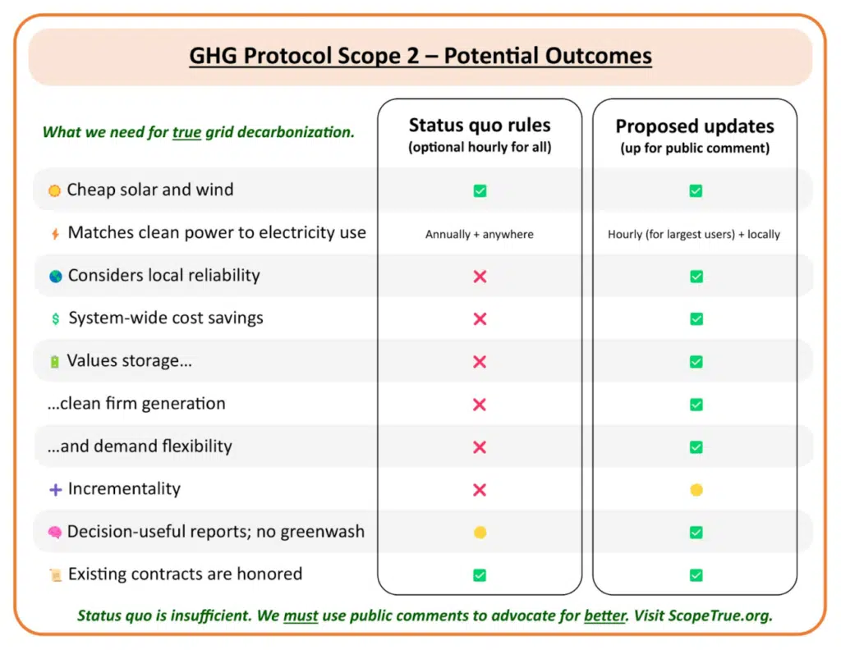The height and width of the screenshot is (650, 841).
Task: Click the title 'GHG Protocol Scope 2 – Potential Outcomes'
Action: (420, 56)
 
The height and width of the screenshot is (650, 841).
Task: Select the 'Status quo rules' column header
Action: (480, 125)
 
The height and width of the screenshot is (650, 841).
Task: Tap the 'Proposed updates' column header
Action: (695, 126)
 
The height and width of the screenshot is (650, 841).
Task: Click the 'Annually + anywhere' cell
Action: (480, 234)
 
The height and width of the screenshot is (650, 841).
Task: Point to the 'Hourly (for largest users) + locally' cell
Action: (694, 234)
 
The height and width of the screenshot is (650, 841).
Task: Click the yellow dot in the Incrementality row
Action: (696, 490)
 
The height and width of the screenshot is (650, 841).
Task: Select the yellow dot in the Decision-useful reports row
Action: (480, 532)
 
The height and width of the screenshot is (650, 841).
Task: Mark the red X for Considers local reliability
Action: (480, 277)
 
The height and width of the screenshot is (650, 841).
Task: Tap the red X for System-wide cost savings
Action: (480, 318)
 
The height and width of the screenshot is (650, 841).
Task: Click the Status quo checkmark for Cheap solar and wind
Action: (480, 190)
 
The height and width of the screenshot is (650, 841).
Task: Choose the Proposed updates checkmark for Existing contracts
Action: (696, 575)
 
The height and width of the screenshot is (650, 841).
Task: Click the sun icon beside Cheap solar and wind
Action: (54, 190)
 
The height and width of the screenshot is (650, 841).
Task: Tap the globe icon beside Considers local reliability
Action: (55, 276)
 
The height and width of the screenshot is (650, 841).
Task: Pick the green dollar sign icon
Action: (55, 318)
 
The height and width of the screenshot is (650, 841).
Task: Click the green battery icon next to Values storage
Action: (54, 362)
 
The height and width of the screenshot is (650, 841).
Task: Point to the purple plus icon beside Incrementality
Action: (55, 489)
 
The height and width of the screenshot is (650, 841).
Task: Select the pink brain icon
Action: (55, 532)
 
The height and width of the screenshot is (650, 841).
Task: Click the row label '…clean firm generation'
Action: (136, 404)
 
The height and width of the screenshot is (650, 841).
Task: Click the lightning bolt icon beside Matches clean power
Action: (55, 234)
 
